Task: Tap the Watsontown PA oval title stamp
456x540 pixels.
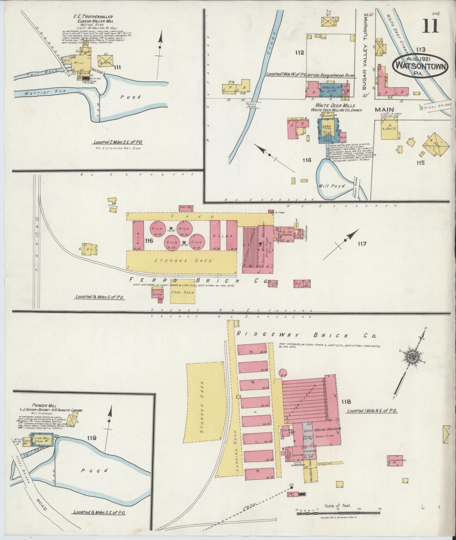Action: (x=420, y=66)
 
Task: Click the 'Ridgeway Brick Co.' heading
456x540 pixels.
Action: (x=306, y=335)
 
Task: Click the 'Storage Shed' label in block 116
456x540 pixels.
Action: (x=183, y=260)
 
